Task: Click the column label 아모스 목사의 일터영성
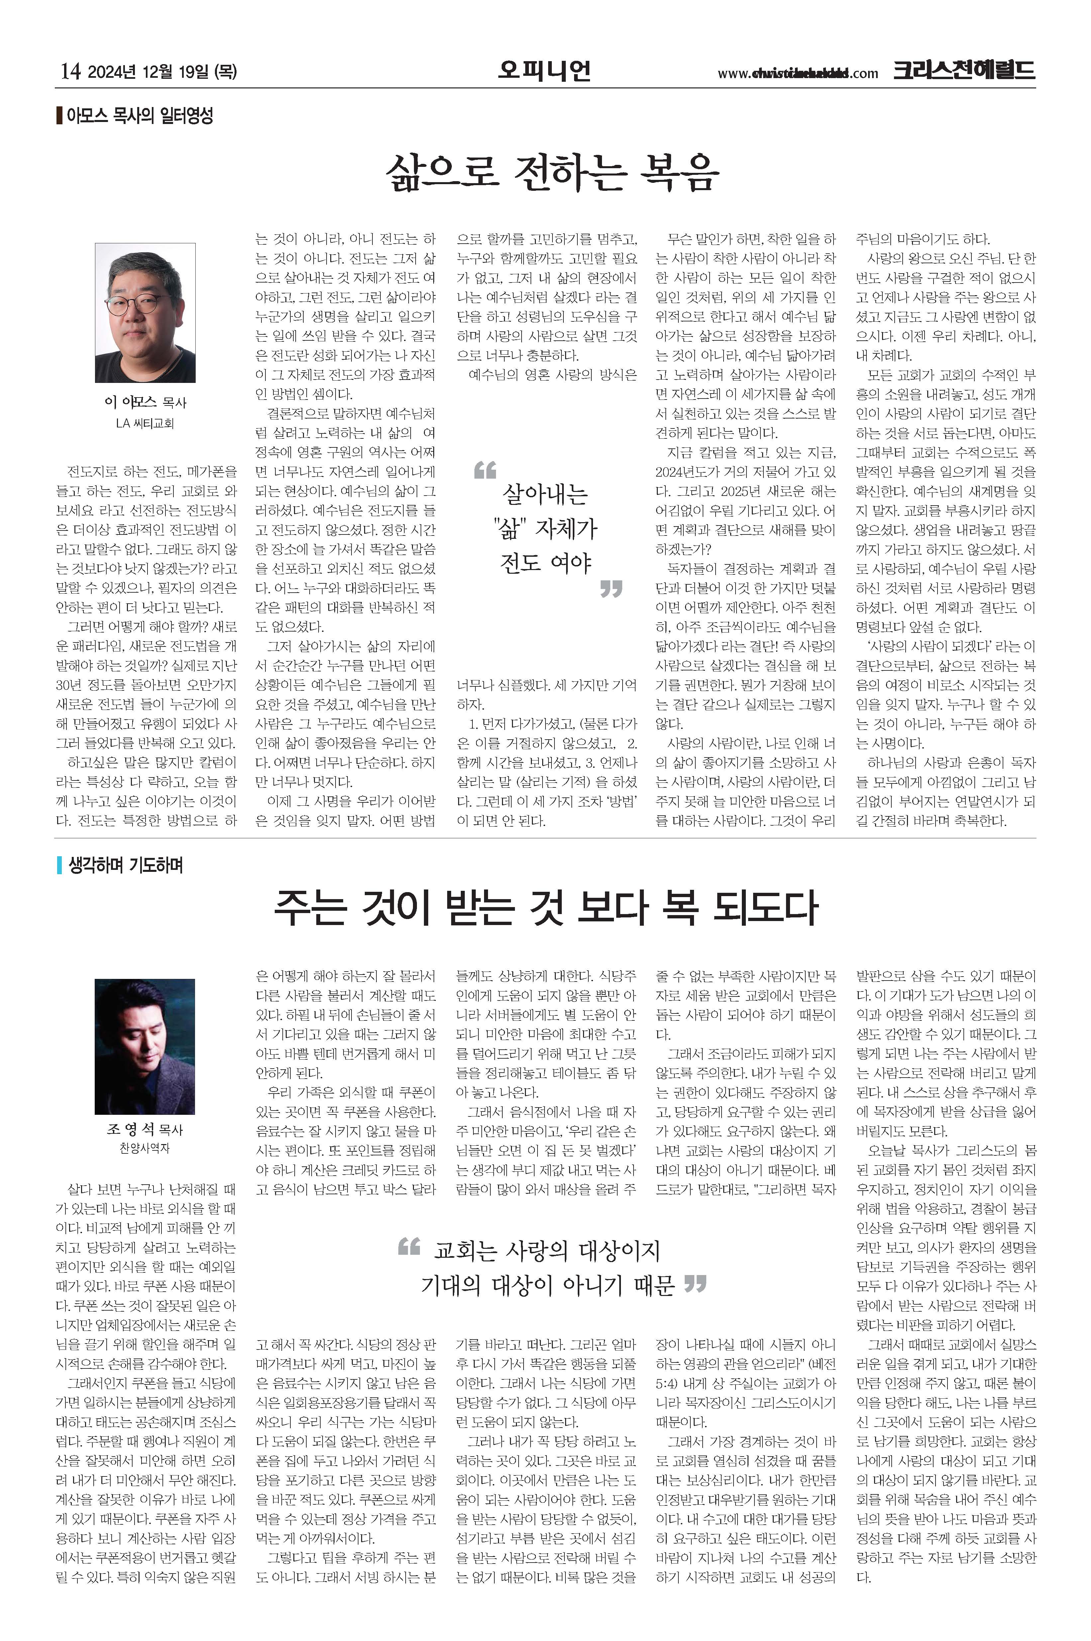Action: point(139,116)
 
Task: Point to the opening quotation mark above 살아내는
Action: point(485,470)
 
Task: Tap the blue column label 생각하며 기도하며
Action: point(125,865)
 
